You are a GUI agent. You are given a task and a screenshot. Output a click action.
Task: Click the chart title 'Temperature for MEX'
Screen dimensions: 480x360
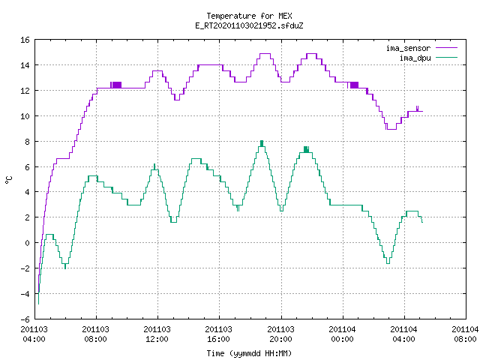click(249, 16)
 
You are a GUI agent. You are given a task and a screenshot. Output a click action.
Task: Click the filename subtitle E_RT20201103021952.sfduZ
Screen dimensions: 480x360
click(249, 25)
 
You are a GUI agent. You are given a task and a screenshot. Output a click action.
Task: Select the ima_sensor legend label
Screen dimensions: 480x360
click(408, 48)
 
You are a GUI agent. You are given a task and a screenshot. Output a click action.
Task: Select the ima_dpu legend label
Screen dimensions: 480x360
click(415, 58)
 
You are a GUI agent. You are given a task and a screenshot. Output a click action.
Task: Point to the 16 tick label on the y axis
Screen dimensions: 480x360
click(25, 40)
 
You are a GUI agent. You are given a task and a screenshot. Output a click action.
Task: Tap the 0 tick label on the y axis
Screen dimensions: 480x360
click(28, 243)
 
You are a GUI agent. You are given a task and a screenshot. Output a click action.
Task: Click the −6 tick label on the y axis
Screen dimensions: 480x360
click(25, 319)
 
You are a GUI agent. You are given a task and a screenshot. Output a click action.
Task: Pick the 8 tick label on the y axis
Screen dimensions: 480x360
click(28, 142)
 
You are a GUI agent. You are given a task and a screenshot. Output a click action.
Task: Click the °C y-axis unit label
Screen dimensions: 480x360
click(9, 180)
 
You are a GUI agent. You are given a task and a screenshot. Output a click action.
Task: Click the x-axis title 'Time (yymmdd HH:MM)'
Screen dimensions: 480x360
click(249, 353)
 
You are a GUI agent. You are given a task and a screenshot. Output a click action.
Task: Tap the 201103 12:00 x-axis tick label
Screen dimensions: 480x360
click(157, 334)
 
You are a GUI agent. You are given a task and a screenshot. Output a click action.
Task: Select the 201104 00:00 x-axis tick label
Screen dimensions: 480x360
click(342, 334)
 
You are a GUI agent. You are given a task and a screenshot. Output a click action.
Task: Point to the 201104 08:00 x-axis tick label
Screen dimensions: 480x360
click(465, 334)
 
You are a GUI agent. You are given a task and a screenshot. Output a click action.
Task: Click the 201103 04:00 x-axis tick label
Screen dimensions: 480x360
click(34, 334)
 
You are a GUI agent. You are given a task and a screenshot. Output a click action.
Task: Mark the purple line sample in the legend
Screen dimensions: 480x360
click(446, 48)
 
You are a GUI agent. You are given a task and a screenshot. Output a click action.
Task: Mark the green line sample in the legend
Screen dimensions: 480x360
click(446, 58)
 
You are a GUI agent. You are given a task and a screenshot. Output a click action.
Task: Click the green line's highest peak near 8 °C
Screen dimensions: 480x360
click(262, 141)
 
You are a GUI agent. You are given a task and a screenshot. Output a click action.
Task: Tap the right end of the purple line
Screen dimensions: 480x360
click(423, 111)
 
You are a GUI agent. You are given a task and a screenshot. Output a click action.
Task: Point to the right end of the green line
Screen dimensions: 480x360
click(422, 222)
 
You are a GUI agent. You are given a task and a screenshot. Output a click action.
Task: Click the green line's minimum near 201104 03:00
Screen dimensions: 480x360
click(388, 263)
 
